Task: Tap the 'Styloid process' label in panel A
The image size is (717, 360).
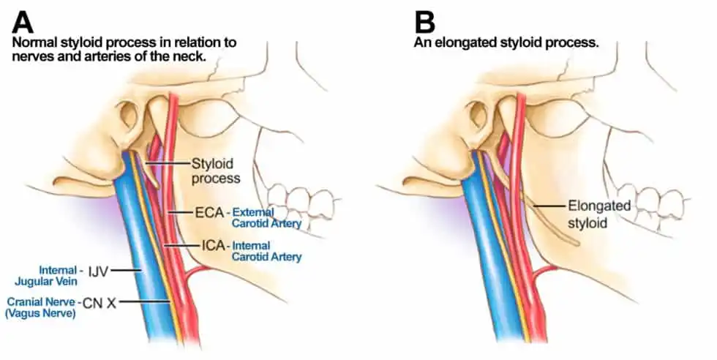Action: [215, 170]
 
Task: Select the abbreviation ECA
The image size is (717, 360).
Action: [210, 213]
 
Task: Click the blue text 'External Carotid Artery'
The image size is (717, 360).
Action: [266, 218]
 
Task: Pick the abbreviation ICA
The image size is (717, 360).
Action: [214, 246]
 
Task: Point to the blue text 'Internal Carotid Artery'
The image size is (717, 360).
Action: [266, 251]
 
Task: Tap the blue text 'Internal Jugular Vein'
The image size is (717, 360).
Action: [46, 276]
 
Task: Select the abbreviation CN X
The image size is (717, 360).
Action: [100, 302]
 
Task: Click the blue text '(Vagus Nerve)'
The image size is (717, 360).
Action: [40, 314]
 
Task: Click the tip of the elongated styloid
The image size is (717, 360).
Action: [578, 243]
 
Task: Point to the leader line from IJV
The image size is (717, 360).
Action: [126, 270]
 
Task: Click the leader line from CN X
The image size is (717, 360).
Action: [145, 301]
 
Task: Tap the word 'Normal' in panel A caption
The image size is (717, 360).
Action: [36, 43]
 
